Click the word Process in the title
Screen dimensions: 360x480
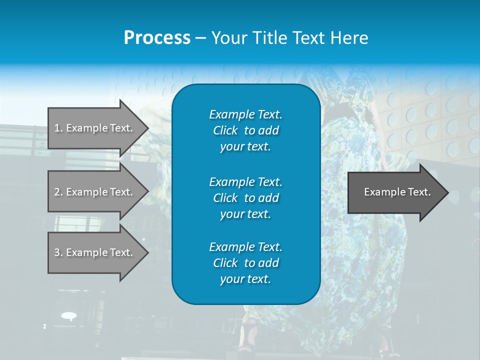point(157,38)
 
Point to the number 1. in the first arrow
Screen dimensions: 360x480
point(58,128)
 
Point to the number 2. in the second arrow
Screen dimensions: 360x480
point(58,192)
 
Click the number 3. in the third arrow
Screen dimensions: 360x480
point(58,252)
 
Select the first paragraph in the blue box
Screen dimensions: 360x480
point(245,130)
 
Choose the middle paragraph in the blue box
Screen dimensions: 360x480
point(245,197)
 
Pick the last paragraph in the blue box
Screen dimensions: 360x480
point(245,263)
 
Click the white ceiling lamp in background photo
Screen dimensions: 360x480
point(69,315)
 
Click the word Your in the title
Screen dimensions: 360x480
point(229,38)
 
